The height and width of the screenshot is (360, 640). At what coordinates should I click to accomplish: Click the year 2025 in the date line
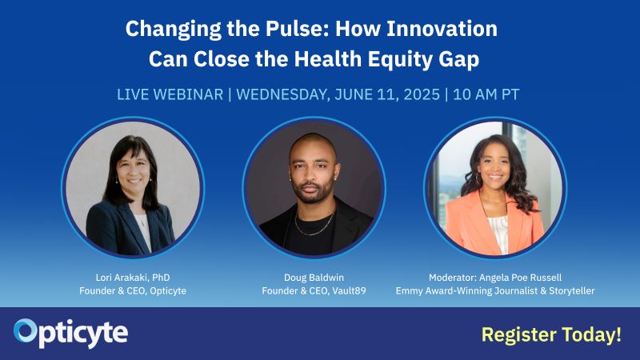pos(422,94)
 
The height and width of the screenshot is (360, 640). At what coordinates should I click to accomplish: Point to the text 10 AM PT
pos(486,94)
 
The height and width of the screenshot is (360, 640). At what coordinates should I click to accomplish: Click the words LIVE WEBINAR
pos(170,94)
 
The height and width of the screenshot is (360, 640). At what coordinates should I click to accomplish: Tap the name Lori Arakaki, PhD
pos(133,278)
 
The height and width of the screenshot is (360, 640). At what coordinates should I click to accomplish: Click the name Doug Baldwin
pos(314,278)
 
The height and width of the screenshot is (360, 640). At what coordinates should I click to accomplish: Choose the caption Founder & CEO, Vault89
pos(314,291)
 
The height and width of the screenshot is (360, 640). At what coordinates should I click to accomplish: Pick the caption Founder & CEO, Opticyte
pos(133,291)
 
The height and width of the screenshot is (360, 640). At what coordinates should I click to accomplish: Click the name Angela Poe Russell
pos(521,278)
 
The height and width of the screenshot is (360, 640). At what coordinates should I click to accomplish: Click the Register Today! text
pos(551,334)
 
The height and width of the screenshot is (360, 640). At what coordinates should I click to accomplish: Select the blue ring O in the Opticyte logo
pos(26,330)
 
